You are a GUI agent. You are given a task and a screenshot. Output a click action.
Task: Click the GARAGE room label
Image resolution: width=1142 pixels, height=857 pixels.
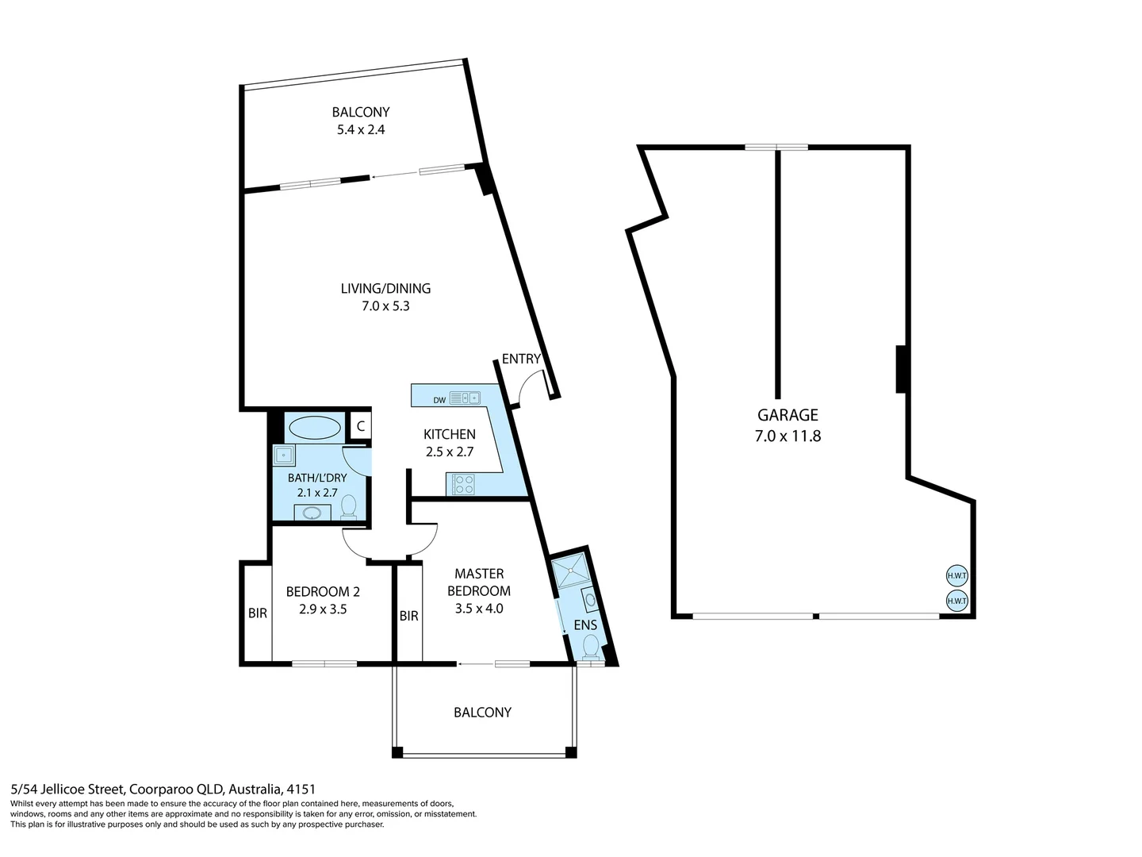click(x=787, y=415)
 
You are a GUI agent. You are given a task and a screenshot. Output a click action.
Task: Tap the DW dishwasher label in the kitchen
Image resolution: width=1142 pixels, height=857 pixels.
click(x=439, y=400)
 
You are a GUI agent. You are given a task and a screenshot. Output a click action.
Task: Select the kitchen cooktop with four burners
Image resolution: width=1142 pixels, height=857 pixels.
click(x=464, y=484)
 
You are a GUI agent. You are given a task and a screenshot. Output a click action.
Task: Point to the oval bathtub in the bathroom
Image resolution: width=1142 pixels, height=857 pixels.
click(x=315, y=428)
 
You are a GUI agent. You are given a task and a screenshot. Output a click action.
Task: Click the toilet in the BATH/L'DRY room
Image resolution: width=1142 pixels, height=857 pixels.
click(x=349, y=507)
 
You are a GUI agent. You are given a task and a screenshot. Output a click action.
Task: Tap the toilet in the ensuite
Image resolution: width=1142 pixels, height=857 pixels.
click(x=591, y=648)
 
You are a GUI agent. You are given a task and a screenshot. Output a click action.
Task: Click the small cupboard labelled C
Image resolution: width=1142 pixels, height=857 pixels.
click(x=360, y=426)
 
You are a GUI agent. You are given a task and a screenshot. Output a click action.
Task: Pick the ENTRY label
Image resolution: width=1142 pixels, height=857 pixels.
click(x=521, y=359)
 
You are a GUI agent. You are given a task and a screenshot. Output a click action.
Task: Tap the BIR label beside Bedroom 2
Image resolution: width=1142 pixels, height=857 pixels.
click(x=257, y=613)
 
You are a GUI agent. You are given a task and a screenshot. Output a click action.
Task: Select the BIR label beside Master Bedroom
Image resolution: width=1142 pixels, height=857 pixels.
click(x=408, y=616)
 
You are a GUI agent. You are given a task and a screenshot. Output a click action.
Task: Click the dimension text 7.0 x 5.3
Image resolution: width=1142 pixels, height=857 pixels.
click(x=385, y=306)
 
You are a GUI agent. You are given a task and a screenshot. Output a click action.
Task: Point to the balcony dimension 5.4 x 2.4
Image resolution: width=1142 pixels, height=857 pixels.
click(x=361, y=129)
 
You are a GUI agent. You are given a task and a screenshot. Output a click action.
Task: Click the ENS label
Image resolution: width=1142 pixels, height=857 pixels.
click(x=585, y=625)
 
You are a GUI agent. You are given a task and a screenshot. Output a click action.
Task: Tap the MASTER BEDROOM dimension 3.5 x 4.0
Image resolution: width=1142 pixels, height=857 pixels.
click(x=479, y=609)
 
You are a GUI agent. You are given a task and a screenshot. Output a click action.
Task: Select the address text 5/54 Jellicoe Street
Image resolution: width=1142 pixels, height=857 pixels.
click(x=67, y=789)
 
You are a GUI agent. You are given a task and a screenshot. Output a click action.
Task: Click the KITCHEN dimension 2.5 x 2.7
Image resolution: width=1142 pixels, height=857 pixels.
click(x=449, y=452)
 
